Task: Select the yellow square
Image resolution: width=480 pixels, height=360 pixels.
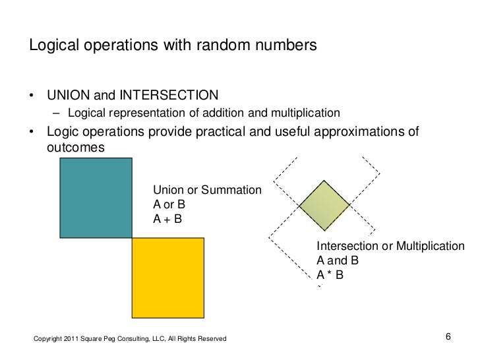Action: point(168,278)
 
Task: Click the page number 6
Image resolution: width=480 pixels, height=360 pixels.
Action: point(448,338)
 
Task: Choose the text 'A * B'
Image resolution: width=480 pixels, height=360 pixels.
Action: point(330,275)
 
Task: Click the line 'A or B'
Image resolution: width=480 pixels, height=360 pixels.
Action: point(169,205)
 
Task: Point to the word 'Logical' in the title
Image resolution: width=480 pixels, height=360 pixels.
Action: point(51,46)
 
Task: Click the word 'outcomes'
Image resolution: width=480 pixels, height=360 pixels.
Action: point(75,148)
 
